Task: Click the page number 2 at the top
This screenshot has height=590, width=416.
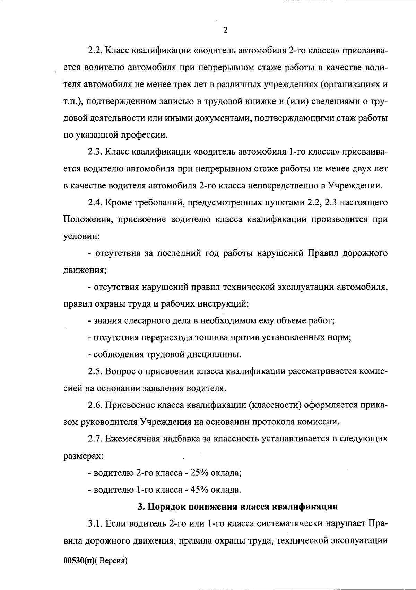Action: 225,30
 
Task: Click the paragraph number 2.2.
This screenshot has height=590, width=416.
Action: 94,51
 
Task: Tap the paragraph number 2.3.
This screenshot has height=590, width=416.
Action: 94,152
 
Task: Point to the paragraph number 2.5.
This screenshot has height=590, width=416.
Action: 94,371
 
